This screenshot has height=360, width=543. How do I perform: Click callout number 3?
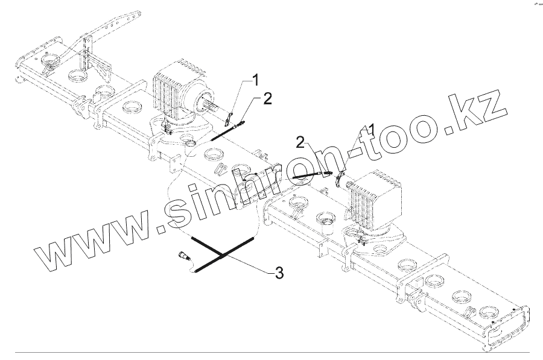[x=278, y=273]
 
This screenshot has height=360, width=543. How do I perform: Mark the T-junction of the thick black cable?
[x=223, y=256]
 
